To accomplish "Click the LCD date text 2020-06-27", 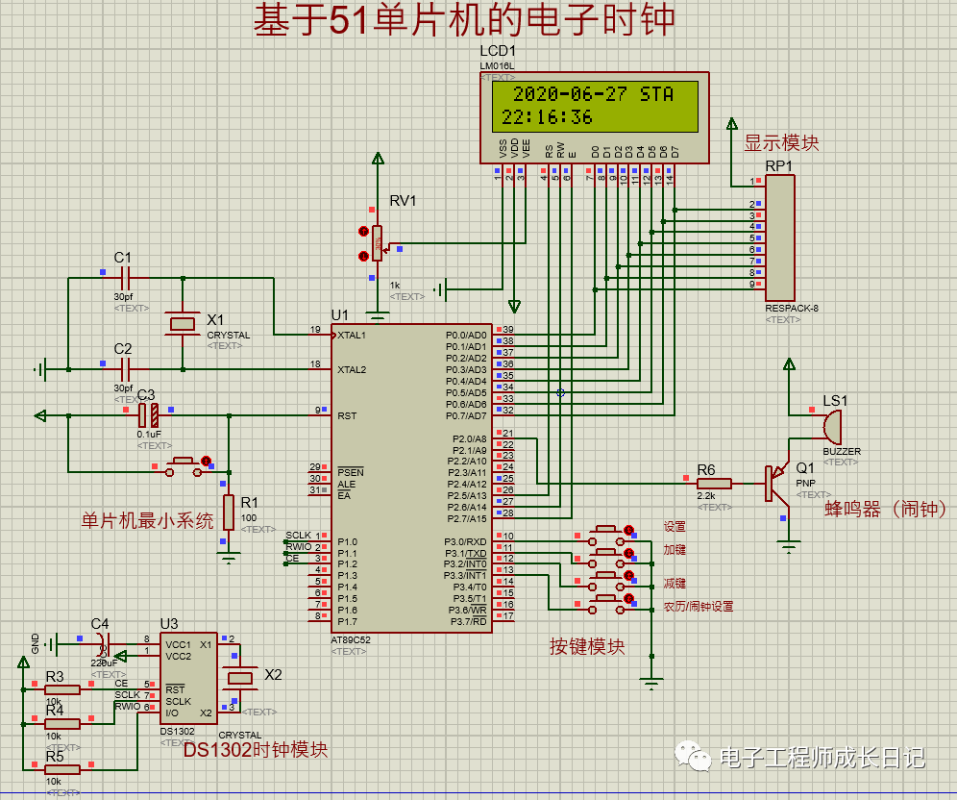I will pos(570,94).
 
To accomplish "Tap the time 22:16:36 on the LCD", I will pos(547,117).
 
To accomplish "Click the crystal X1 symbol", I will pos(183,323).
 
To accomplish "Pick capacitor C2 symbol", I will pos(124,368).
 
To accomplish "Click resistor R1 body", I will pos(229,512).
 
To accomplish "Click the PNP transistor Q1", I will pos(776,483).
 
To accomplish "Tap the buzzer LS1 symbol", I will pos(830,423).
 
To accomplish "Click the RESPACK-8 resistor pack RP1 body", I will pos(779,238).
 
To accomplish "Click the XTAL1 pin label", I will pos(352,335).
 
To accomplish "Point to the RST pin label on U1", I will pos(347,415).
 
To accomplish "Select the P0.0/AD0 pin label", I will pos(466,336).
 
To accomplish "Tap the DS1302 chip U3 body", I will pos(187,677).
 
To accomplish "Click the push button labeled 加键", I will pos(606,554).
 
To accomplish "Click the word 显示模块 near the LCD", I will pos(781,143).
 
